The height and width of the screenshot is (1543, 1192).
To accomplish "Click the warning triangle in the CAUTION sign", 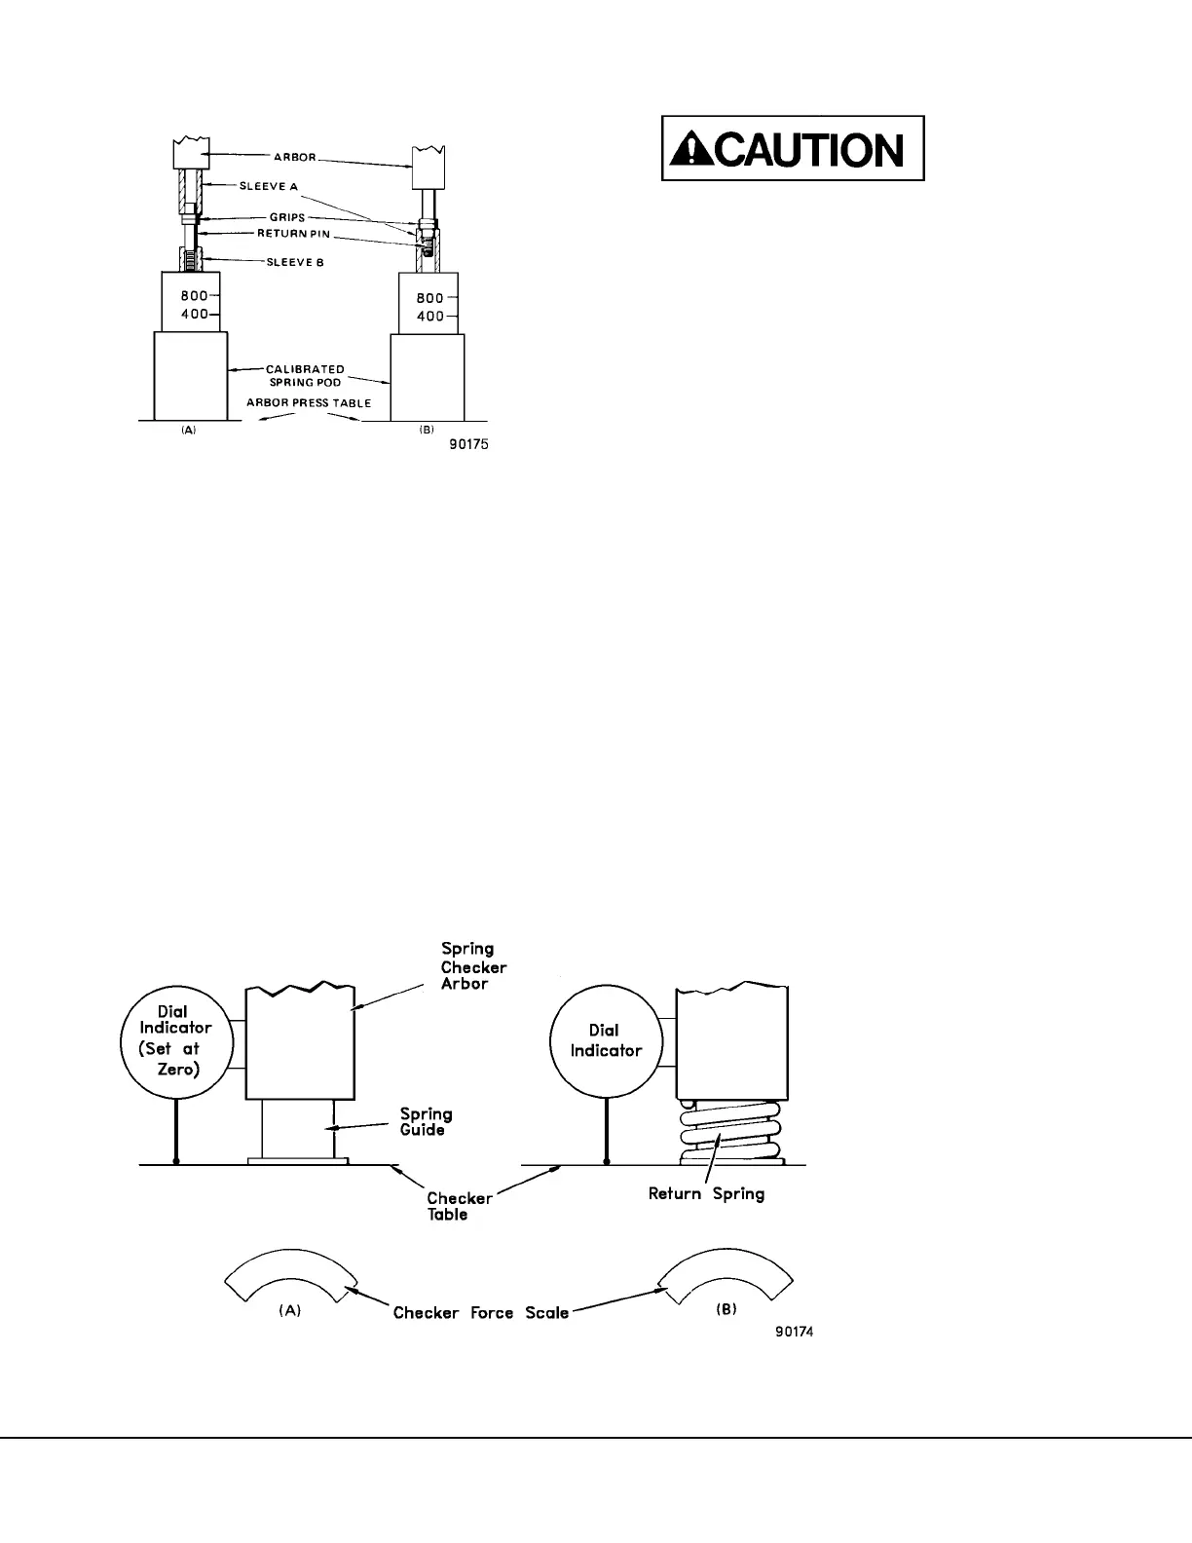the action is click(692, 150).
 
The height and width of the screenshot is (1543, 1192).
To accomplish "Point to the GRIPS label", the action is click(287, 217).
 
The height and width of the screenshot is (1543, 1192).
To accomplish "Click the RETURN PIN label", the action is click(293, 234).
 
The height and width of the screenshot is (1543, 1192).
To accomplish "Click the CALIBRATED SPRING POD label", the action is click(305, 376).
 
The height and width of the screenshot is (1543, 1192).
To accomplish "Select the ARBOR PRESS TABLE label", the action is click(309, 402).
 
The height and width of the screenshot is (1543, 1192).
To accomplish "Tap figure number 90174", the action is click(794, 1333).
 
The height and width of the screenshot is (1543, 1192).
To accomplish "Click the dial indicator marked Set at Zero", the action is click(175, 1040).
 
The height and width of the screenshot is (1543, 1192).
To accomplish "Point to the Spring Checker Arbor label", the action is click(473, 966).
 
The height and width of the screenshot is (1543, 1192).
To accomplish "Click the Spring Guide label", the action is click(426, 1122).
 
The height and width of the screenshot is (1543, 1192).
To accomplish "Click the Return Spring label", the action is click(706, 1193).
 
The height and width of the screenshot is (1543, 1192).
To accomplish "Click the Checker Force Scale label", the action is click(480, 1313).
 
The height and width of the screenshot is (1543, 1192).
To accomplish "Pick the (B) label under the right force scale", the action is click(726, 1309).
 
